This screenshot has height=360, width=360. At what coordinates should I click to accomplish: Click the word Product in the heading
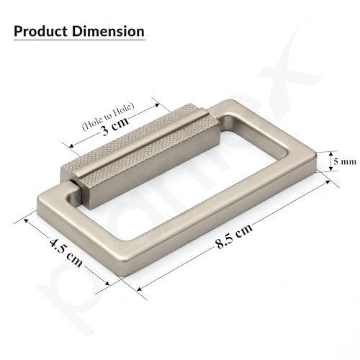click(40, 32)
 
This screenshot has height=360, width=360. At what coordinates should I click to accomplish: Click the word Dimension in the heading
click(108, 32)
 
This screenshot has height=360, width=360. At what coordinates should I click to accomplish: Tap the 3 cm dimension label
click(114, 127)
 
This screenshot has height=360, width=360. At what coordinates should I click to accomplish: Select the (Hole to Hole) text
click(108, 117)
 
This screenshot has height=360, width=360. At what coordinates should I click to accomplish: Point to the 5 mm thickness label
click(345, 161)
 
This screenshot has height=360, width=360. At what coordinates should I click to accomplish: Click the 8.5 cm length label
click(234, 237)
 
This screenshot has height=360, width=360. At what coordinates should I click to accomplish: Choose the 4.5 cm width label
click(66, 253)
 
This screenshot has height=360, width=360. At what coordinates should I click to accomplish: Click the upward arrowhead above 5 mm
click(330, 153)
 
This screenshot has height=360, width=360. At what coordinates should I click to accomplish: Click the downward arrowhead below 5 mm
click(330, 169)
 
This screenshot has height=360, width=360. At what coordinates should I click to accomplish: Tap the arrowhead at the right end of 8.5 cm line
click(328, 182)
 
